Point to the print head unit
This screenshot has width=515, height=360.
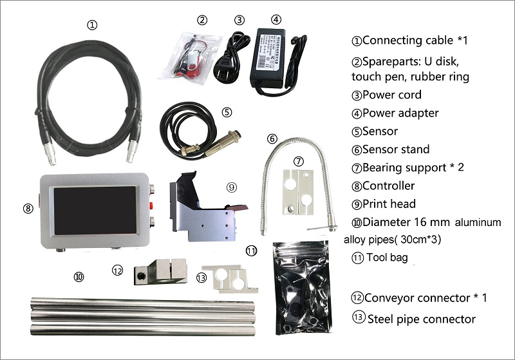click(203, 206)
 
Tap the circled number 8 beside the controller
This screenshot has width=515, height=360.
click(27, 209)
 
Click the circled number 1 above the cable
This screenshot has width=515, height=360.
click(93, 26)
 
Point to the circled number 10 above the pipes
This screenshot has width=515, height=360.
click(79, 276)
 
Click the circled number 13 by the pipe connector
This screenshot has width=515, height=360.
click(201, 278)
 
